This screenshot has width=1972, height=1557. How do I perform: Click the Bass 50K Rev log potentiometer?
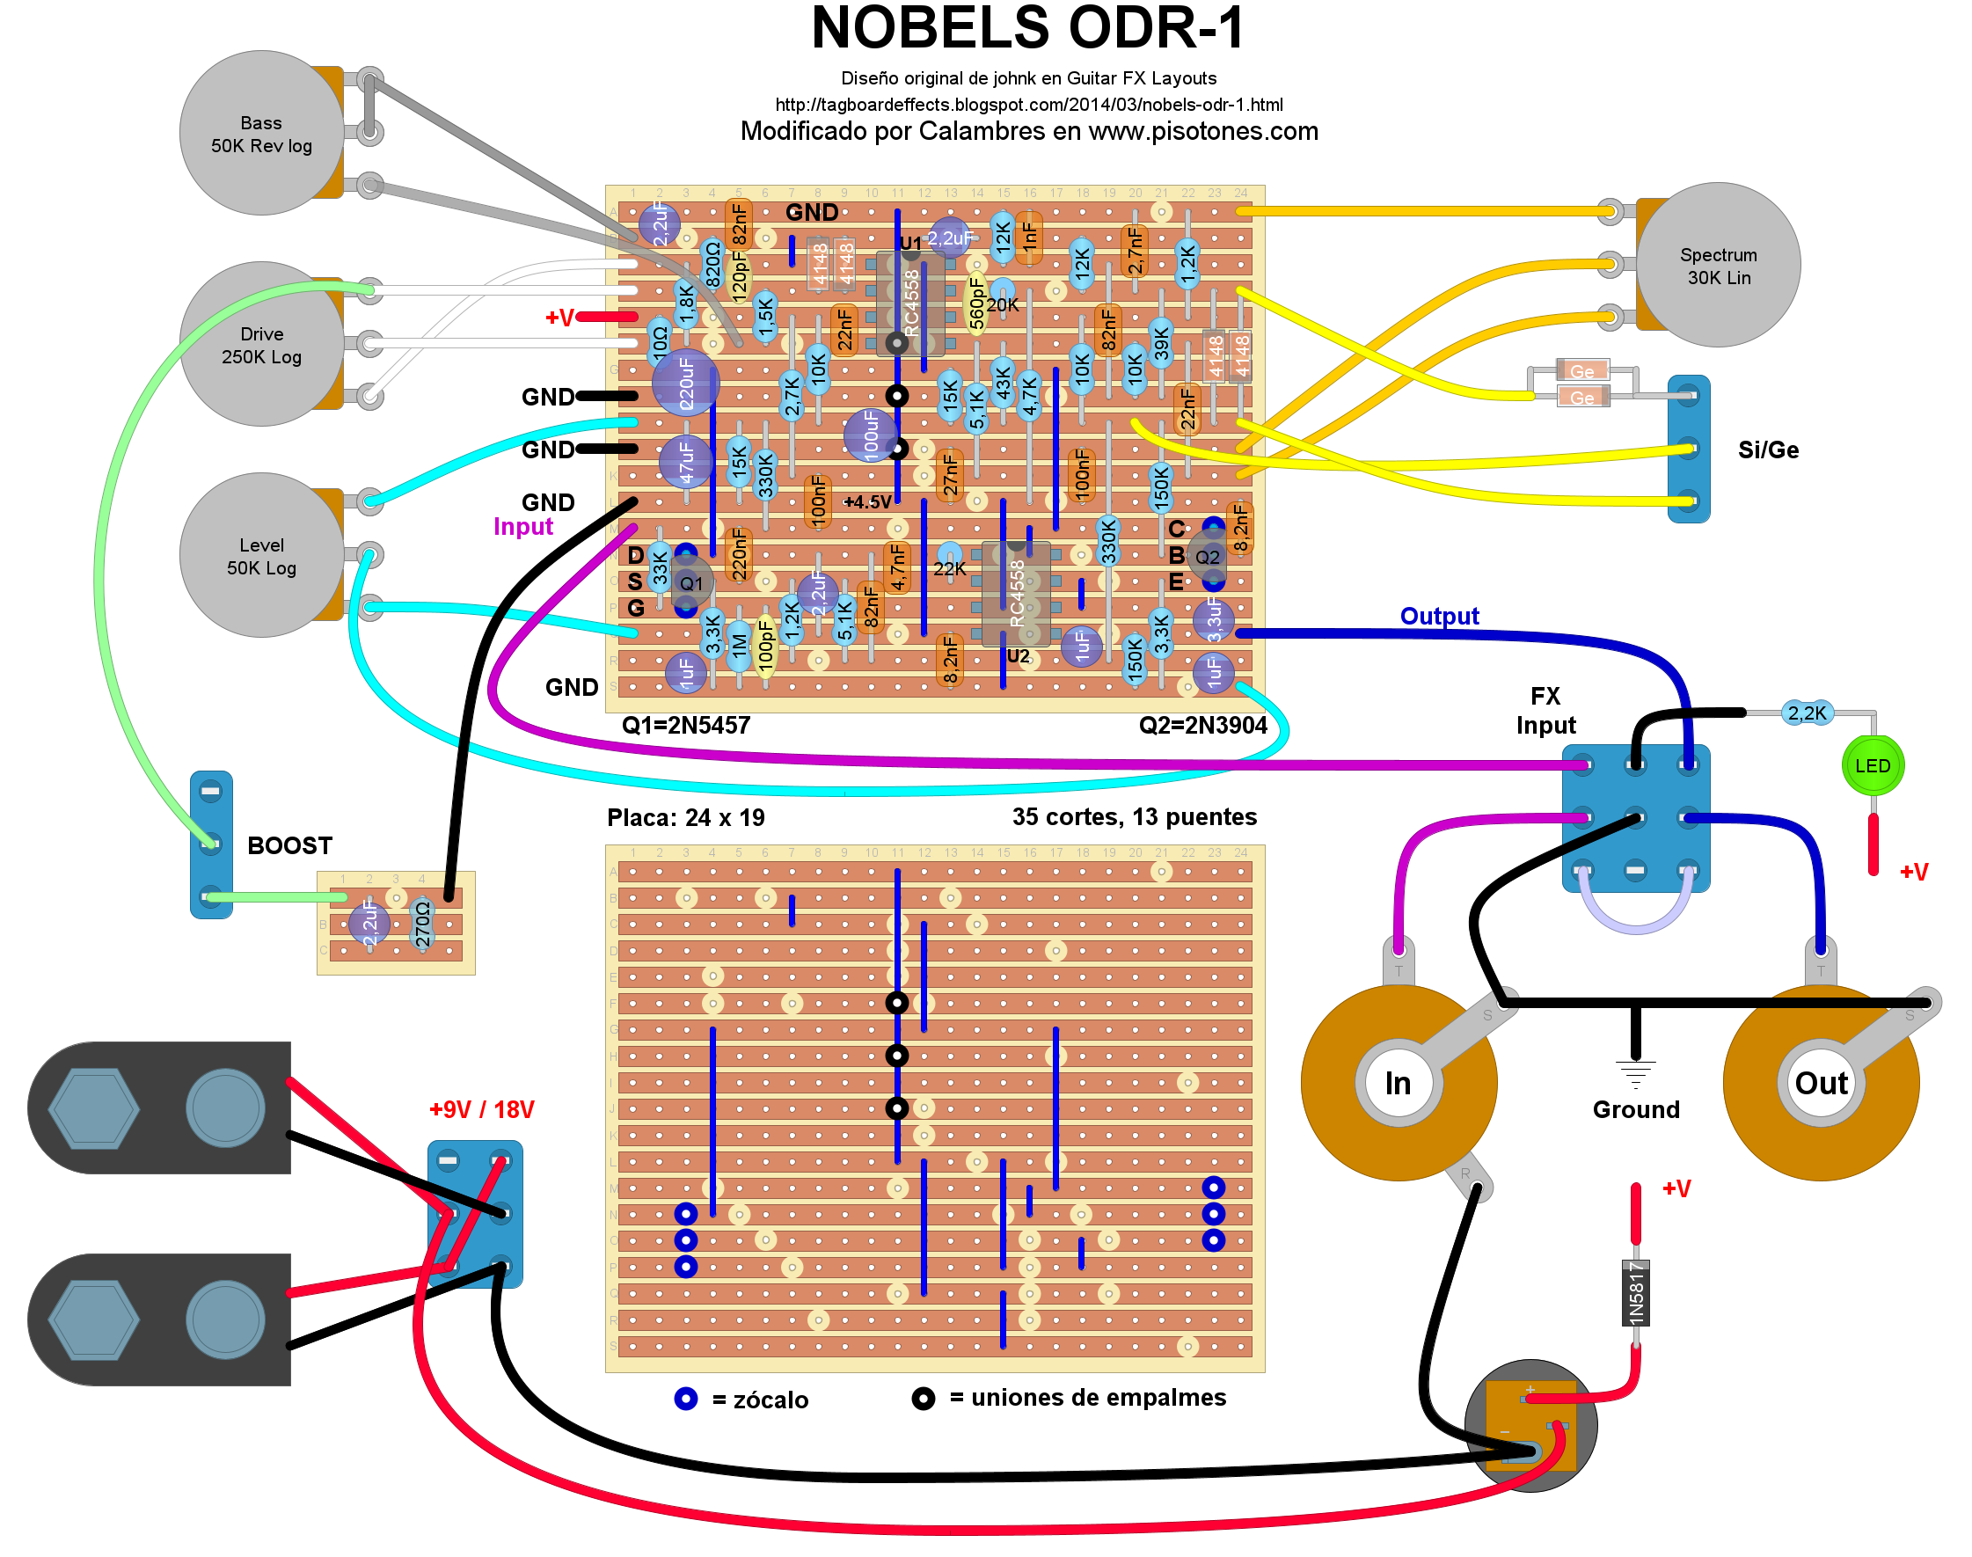(x=260, y=133)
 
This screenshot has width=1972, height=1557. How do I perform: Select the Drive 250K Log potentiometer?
(x=260, y=345)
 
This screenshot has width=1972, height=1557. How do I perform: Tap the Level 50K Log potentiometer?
(x=260, y=555)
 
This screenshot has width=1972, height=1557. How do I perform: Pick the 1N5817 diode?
(x=1635, y=1292)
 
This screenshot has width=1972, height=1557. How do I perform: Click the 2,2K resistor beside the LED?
(x=1806, y=713)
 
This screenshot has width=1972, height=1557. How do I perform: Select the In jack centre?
(x=1397, y=1083)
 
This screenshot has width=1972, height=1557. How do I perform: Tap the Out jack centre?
(x=1820, y=1083)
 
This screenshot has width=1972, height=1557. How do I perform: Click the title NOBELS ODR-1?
(x=1027, y=28)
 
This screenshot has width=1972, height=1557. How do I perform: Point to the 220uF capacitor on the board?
(x=685, y=383)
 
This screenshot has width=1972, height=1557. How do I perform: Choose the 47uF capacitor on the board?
(x=685, y=462)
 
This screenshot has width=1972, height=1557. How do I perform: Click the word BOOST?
(x=289, y=846)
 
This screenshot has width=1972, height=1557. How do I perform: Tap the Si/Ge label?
(x=1767, y=450)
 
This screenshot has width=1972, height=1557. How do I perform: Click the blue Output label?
(x=1439, y=617)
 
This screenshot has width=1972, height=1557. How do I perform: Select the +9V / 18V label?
(x=481, y=1109)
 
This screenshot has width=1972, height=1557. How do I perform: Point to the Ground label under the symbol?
(x=1635, y=1109)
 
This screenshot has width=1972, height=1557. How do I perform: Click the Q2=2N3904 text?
(x=1202, y=726)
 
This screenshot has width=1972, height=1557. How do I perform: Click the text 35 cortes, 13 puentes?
(x=1134, y=817)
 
